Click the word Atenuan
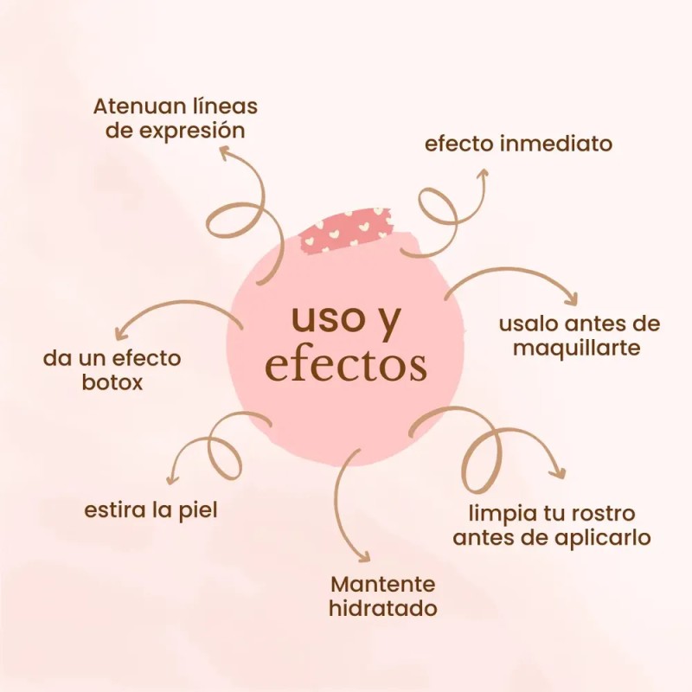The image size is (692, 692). [133, 106]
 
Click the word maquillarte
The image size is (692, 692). [576, 349]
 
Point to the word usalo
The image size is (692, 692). [527, 324]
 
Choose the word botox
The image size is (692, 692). [112, 382]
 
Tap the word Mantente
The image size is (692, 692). [383, 585]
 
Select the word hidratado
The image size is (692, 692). [383, 608]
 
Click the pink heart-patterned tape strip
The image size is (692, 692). [345, 231]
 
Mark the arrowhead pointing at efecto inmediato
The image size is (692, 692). [484, 173]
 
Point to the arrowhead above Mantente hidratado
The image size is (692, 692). [364, 556]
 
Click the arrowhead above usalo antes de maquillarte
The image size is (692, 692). [572, 298]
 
